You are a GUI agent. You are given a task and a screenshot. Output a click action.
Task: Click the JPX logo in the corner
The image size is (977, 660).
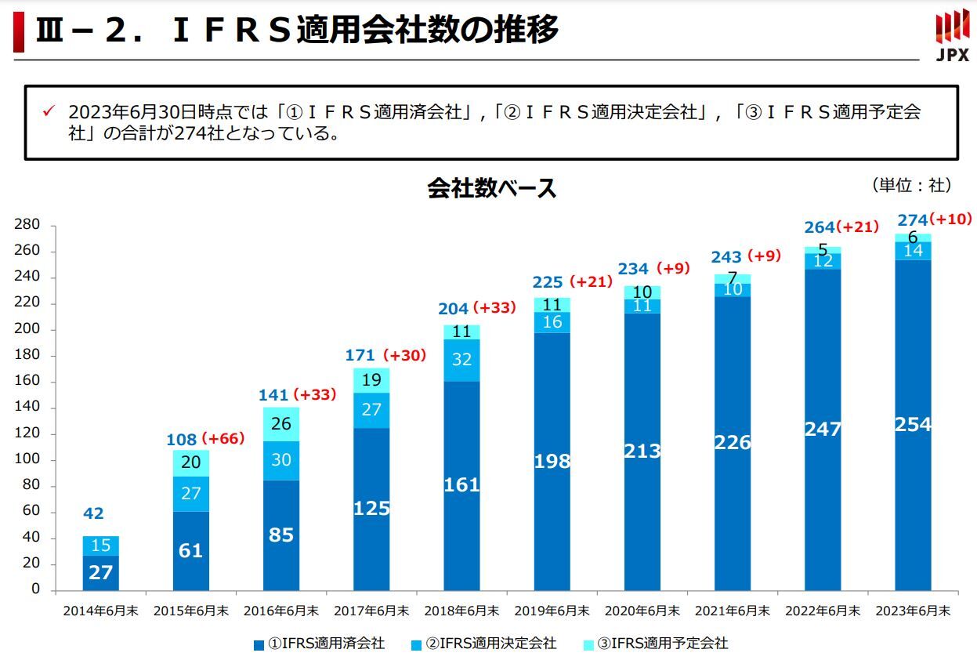952,35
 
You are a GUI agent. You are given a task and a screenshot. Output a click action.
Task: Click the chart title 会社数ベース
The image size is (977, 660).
491,189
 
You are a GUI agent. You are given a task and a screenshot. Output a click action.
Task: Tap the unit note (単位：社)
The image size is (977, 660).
911,186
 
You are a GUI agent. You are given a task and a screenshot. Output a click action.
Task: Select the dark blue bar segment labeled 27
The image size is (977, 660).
100,573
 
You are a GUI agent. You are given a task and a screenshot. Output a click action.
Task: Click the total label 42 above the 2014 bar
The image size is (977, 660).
93,514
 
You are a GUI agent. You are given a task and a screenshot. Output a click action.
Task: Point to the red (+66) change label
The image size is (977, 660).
223,439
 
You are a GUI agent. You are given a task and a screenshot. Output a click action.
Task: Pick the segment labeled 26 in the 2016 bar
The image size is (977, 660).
280,424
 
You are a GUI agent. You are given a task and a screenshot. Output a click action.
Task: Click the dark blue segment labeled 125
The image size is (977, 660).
371,509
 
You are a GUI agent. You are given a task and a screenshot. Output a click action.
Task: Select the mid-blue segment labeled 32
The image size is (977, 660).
461,360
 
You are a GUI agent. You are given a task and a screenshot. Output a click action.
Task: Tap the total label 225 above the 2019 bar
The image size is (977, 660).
548,282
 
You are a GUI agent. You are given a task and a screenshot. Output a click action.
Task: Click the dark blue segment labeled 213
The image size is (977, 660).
642,451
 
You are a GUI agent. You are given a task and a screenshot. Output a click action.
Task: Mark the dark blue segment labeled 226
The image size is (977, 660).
733,443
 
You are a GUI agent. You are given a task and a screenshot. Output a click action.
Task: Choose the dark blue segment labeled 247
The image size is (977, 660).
823,430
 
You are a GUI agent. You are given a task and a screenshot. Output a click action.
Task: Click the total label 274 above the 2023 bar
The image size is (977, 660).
912,220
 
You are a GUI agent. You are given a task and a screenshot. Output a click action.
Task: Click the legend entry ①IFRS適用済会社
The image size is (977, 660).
319,644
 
